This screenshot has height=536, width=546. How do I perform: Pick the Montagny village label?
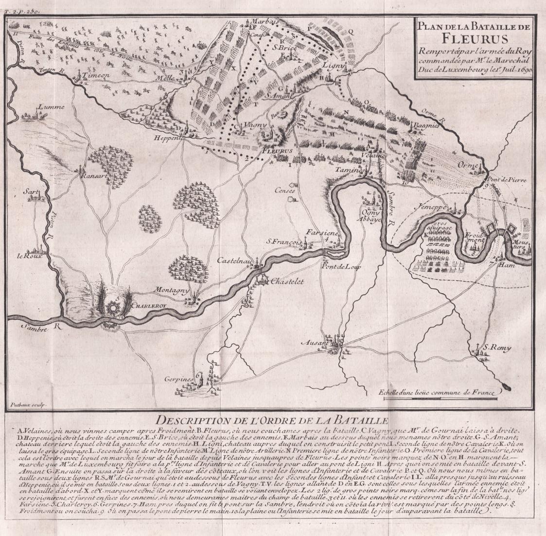pos(171,290)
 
